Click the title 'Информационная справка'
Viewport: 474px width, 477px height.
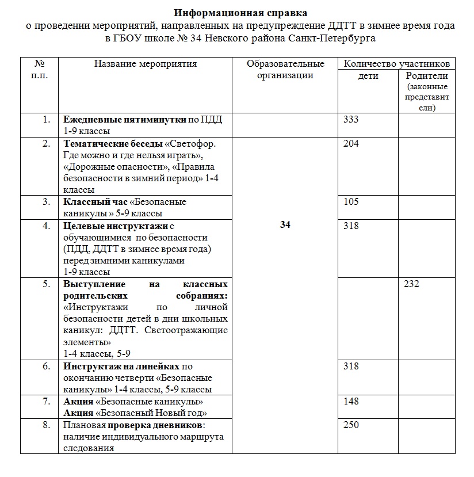(241, 12)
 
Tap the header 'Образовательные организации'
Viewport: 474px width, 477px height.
(285, 70)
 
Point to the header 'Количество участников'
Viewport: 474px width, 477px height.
(396, 64)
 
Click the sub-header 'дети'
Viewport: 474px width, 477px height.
(368, 76)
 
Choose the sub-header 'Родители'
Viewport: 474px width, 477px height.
(426, 76)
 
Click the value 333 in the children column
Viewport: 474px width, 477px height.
(350, 120)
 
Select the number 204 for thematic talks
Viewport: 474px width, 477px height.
(350, 144)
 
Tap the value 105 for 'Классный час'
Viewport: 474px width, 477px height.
(350, 202)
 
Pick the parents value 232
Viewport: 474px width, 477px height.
(411, 284)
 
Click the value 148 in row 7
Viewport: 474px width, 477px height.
(350, 401)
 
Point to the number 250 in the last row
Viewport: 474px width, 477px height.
(350, 425)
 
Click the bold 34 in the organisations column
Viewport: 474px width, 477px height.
(285, 225)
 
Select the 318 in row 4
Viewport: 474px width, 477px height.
(350, 226)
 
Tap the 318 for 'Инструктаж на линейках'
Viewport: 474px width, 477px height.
(350, 367)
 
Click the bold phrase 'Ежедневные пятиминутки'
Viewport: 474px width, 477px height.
(125, 120)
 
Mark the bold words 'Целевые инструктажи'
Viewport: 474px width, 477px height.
(116, 226)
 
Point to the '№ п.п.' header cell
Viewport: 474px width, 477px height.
(39, 70)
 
